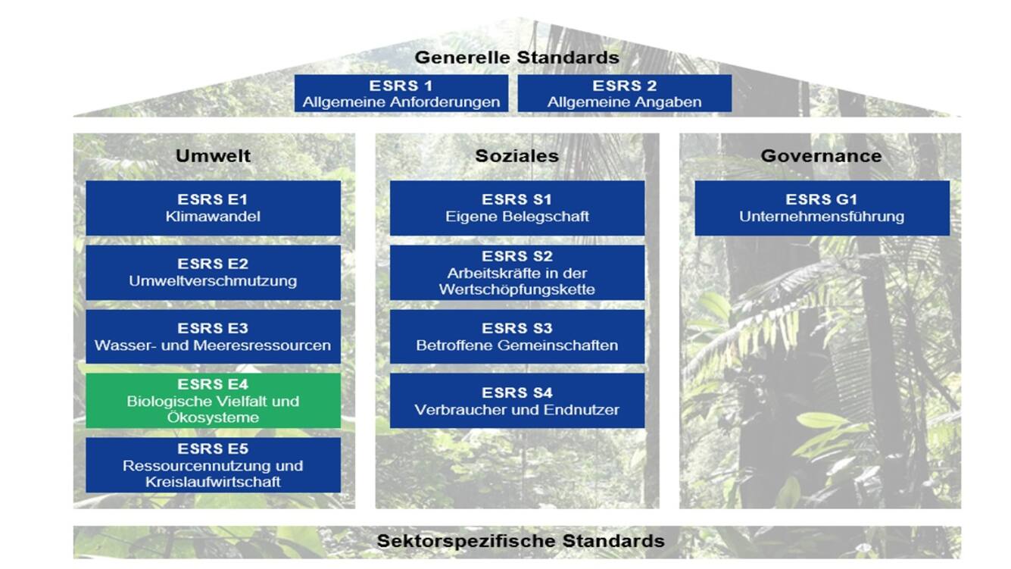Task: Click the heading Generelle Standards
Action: click(x=516, y=58)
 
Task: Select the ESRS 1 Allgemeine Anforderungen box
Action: click(x=401, y=93)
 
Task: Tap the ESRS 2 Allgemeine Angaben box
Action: click(x=625, y=93)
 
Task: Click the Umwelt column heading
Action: click(x=213, y=156)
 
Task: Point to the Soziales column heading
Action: click(x=516, y=156)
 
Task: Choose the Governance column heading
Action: click(x=822, y=156)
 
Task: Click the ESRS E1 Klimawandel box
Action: click(x=213, y=208)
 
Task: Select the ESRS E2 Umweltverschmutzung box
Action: click(x=213, y=272)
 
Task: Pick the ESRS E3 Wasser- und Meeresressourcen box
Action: click(x=213, y=336)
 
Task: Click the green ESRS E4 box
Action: click(x=213, y=401)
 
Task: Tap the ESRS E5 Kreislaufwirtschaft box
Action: click(x=213, y=464)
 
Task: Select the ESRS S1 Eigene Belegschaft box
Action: click(x=517, y=208)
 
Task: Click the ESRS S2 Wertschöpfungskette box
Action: click(x=517, y=272)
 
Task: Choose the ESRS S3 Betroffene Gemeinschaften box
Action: click(x=517, y=336)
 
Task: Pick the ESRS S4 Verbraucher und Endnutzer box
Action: click(x=517, y=401)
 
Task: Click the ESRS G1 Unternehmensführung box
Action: click(x=822, y=208)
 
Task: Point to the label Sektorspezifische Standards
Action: click(x=521, y=541)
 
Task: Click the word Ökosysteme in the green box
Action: click(x=213, y=417)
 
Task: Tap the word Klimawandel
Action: click(x=213, y=217)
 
